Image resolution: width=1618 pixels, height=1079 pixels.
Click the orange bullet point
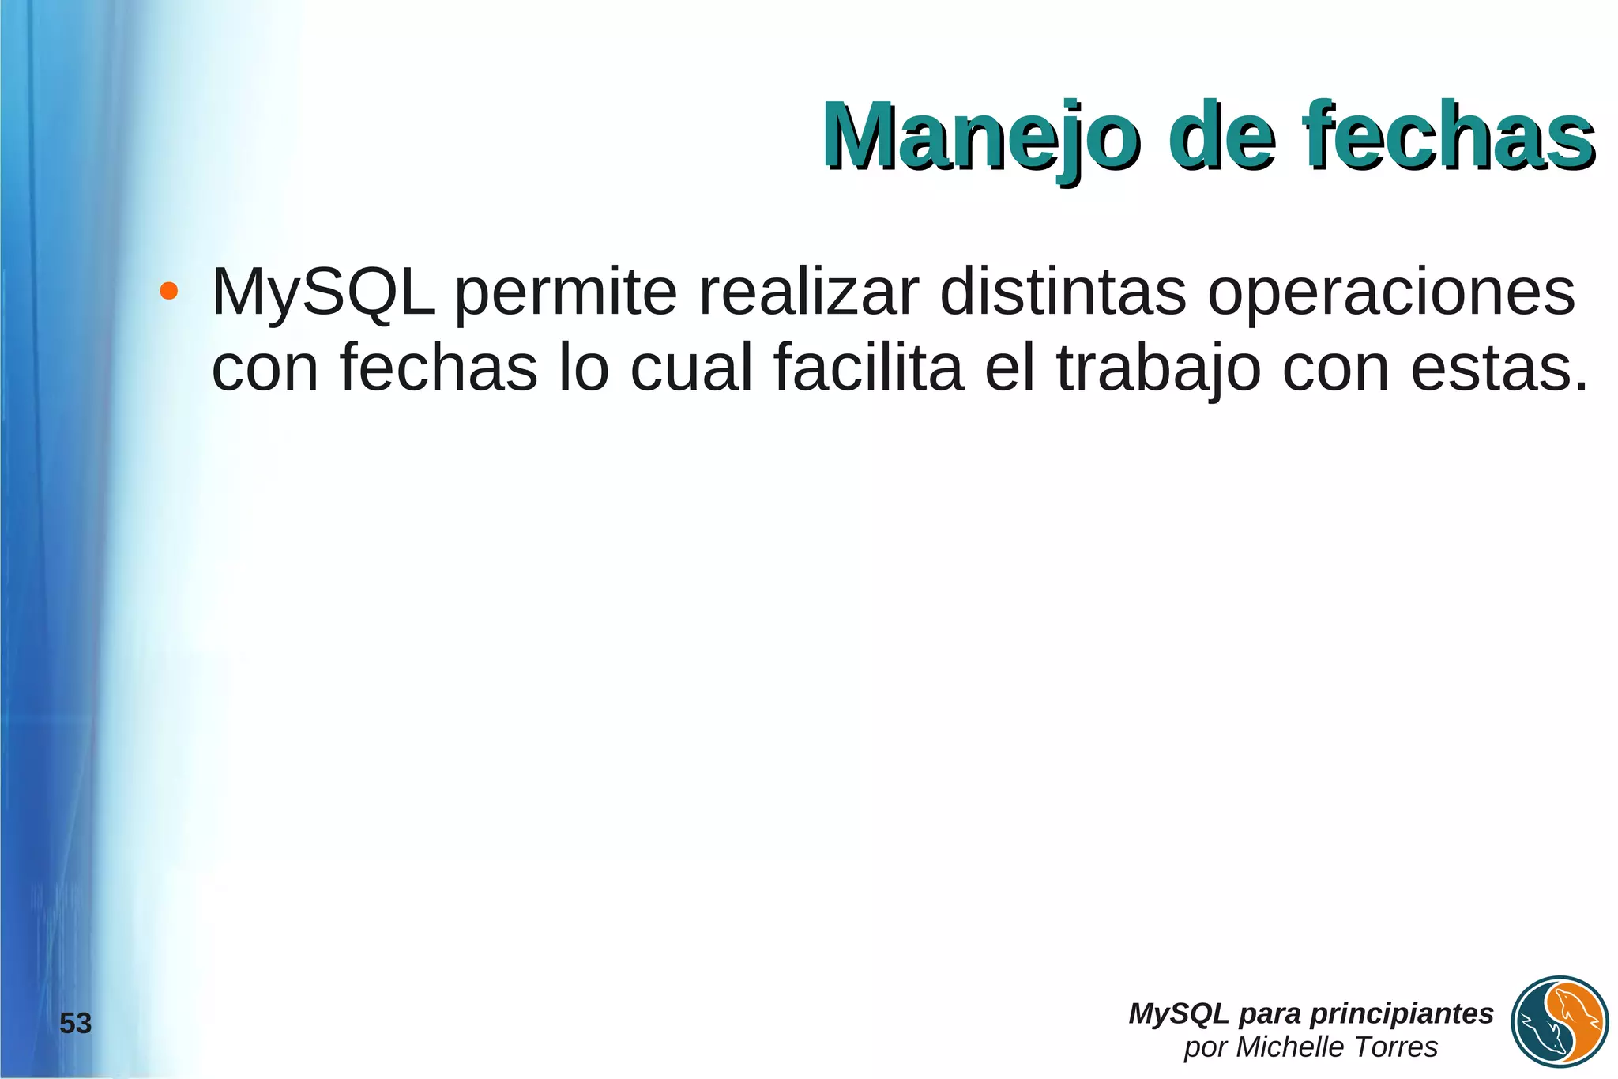(x=167, y=291)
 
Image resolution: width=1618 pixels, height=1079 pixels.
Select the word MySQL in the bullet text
(x=323, y=292)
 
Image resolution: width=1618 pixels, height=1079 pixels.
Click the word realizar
(x=809, y=292)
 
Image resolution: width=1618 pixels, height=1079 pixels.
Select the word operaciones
(x=1391, y=292)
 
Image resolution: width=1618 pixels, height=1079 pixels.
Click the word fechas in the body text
(x=439, y=367)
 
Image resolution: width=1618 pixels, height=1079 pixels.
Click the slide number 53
(x=76, y=1024)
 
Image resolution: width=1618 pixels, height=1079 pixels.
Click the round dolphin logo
(x=1560, y=1021)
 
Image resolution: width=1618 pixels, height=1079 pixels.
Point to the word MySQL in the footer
(x=1178, y=1013)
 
